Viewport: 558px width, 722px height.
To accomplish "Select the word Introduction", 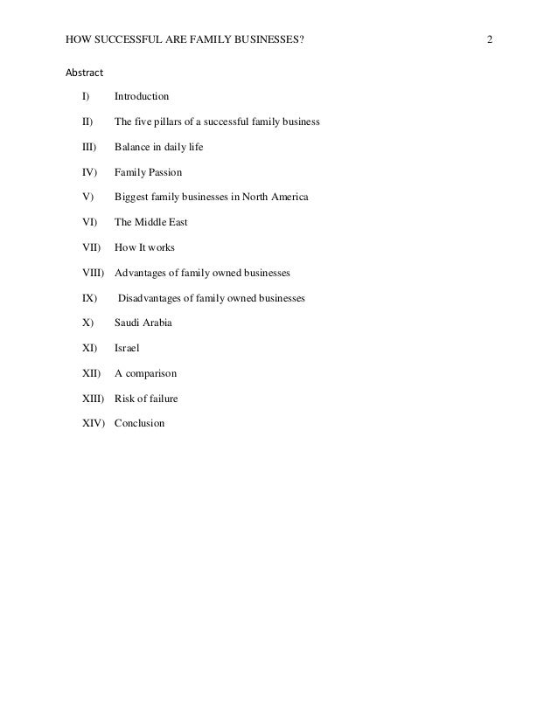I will pyautogui.click(x=142, y=96).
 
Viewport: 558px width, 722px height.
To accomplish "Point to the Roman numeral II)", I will pyautogui.click(x=87, y=121).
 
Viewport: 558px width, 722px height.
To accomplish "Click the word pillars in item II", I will pyautogui.click(x=174, y=121).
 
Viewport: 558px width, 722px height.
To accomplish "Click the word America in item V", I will pyautogui.click(x=289, y=197).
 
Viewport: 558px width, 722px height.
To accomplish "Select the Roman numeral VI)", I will pyautogui.click(x=88, y=222).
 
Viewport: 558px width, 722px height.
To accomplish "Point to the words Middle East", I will pyautogui.click(x=160, y=222).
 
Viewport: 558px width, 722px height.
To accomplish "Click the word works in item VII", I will pyautogui.click(x=162, y=247).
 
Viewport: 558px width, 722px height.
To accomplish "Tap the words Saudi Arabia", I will pyautogui.click(x=143, y=323).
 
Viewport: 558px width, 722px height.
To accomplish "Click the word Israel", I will pyautogui.click(x=128, y=348).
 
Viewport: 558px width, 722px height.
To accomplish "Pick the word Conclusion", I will pyautogui.click(x=139, y=424).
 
